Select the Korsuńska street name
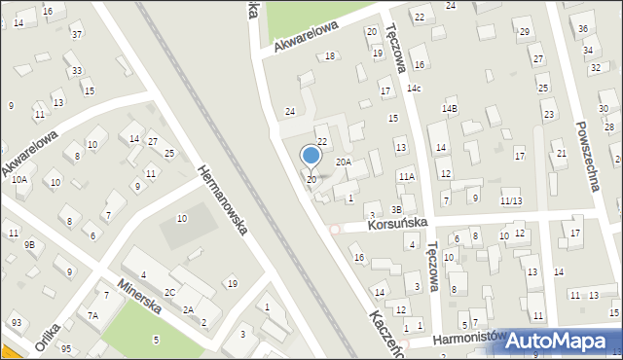(399, 224)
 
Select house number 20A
(344, 162)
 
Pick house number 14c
(415, 89)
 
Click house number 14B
(449, 108)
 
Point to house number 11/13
(511, 200)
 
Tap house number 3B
(397, 209)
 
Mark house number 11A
(406, 176)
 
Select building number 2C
(169, 292)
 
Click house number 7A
(93, 315)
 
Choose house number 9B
(30, 244)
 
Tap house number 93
(17, 322)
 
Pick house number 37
(77, 35)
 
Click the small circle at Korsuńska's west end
(335, 230)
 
